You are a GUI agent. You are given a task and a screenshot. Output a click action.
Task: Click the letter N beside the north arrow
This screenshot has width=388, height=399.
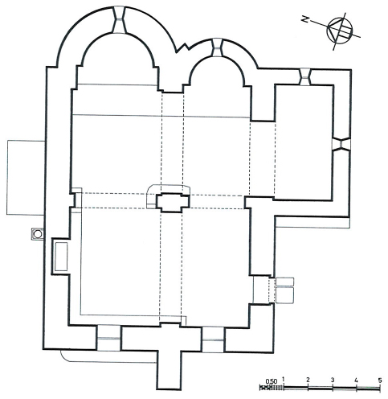click(x=304, y=19)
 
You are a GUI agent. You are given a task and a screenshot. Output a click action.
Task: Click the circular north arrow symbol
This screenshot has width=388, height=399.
click(x=340, y=31)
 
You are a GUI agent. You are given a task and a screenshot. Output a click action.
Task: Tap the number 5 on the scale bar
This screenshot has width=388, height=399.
click(x=380, y=380)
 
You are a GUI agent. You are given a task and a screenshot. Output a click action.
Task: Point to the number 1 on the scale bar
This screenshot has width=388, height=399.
click(x=284, y=380)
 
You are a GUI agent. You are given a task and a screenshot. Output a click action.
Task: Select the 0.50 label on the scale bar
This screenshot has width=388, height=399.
click(x=272, y=381)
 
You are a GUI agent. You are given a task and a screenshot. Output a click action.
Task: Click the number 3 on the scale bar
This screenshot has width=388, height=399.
click(x=333, y=380)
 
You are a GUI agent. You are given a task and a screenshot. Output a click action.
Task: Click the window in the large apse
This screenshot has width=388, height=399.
click(x=120, y=20)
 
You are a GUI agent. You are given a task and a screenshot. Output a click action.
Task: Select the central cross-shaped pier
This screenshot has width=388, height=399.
click(x=173, y=203)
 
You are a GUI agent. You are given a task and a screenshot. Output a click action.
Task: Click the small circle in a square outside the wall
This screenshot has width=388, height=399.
click(x=38, y=234)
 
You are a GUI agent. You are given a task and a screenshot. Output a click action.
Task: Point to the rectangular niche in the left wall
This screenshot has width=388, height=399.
click(x=61, y=257)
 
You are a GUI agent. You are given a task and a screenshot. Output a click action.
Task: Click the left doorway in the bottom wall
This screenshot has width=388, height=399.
click(x=108, y=338)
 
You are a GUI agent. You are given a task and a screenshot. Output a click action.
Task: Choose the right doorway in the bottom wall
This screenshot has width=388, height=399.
click(x=214, y=339)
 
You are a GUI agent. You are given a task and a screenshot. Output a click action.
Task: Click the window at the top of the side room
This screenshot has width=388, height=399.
click(x=304, y=76)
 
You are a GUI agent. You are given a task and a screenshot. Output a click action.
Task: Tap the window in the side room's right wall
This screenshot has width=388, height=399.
click(x=341, y=144)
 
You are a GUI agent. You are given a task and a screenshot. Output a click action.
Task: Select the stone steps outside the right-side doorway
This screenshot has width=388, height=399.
click(x=284, y=290)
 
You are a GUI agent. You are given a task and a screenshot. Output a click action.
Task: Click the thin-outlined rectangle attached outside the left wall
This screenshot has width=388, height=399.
click(x=26, y=177)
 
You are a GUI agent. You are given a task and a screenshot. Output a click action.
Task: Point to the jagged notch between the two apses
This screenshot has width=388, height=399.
click(x=182, y=47)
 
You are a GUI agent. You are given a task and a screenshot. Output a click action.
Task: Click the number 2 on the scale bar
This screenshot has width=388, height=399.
click(x=308, y=380)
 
